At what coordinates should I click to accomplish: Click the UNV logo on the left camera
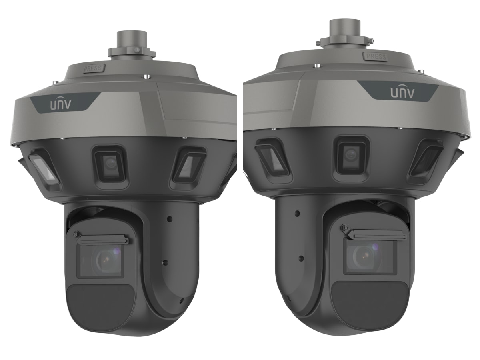(x=61, y=105)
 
